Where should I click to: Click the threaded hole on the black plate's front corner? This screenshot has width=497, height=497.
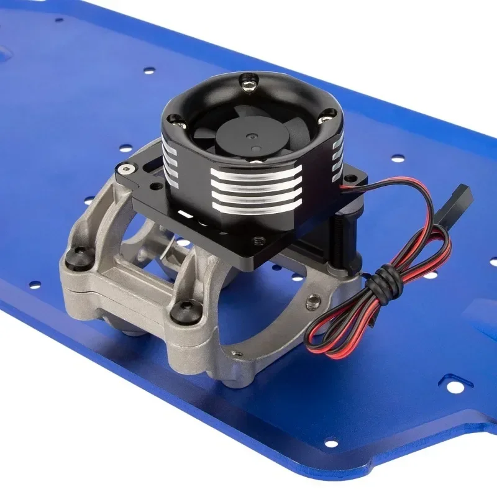point(256,238)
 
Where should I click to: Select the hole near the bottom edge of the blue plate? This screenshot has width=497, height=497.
point(331,443)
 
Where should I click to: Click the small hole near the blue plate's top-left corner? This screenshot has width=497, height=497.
point(58,20)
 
